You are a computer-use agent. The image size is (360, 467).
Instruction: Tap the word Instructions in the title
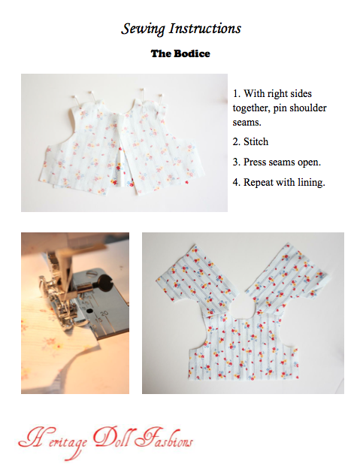pyautogui.click(x=205, y=29)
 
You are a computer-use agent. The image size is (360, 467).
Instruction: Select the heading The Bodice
pyautogui.click(x=180, y=53)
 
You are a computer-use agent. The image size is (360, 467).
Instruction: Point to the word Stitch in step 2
pyautogui.click(x=256, y=141)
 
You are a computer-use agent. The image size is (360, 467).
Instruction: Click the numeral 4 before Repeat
pyautogui.click(x=235, y=182)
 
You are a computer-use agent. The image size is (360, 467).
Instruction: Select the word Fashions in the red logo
pyautogui.click(x=163, y=438)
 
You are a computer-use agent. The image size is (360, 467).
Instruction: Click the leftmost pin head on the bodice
pyautogui.click(x=74, y=96)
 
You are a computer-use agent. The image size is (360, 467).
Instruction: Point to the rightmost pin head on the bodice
pyautogui.click(x=161, y=96)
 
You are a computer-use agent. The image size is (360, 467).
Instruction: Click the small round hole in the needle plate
pyautogui.click(x=89, y=311)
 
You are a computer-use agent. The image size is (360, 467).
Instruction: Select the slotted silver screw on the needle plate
pyautogui.click(x=91, y=272)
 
